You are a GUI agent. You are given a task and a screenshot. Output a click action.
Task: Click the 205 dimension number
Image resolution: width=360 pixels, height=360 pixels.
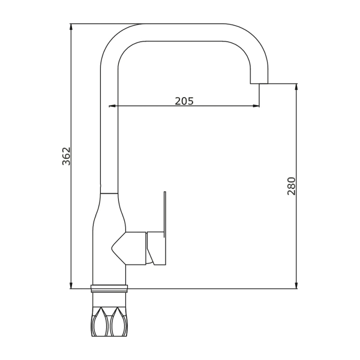[184, 101]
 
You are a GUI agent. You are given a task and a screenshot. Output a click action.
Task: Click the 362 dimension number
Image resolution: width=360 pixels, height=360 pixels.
[67, 156]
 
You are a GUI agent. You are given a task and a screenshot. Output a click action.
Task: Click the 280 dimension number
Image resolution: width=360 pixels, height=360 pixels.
[292, 186]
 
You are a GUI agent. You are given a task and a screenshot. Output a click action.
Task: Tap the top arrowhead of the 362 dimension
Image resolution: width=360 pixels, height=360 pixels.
[71, 27]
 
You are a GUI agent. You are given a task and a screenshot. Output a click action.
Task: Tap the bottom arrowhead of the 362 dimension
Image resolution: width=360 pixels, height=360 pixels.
[71, 286]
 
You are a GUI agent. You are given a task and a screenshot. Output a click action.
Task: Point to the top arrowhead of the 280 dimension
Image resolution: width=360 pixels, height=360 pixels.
[296, 87]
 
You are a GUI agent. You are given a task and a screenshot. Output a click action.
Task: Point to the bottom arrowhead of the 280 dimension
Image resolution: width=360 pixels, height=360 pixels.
[296, 286]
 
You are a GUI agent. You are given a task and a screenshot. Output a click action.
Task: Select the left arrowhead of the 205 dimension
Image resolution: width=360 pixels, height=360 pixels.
[112, 106]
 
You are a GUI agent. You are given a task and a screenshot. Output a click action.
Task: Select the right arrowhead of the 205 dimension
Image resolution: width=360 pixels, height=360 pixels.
[256, 106]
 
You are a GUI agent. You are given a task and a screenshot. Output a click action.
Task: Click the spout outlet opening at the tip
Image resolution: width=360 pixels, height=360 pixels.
[259, 83]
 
